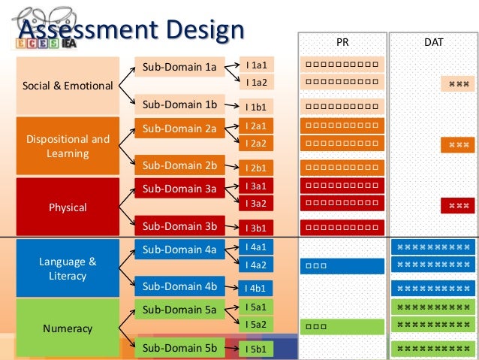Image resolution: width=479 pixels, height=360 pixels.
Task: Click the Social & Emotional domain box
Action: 68,85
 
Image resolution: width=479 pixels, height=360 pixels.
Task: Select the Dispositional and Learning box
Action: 68,146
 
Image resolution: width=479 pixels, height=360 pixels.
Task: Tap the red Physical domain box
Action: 68,207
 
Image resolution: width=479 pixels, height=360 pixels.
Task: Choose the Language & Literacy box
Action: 68,268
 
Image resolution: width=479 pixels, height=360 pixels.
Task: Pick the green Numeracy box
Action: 68,328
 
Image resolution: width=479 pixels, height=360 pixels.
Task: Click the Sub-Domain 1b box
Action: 179,104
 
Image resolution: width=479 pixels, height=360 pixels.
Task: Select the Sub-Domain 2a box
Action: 179,129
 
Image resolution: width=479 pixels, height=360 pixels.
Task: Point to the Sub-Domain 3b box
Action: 179,225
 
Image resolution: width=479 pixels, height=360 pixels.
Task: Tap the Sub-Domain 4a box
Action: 179,250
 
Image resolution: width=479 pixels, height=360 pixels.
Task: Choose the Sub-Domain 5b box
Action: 179,347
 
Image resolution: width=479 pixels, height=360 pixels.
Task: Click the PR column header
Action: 342,43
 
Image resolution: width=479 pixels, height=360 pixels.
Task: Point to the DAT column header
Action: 433,43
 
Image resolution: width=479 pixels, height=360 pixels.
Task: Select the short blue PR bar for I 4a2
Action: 342,265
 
